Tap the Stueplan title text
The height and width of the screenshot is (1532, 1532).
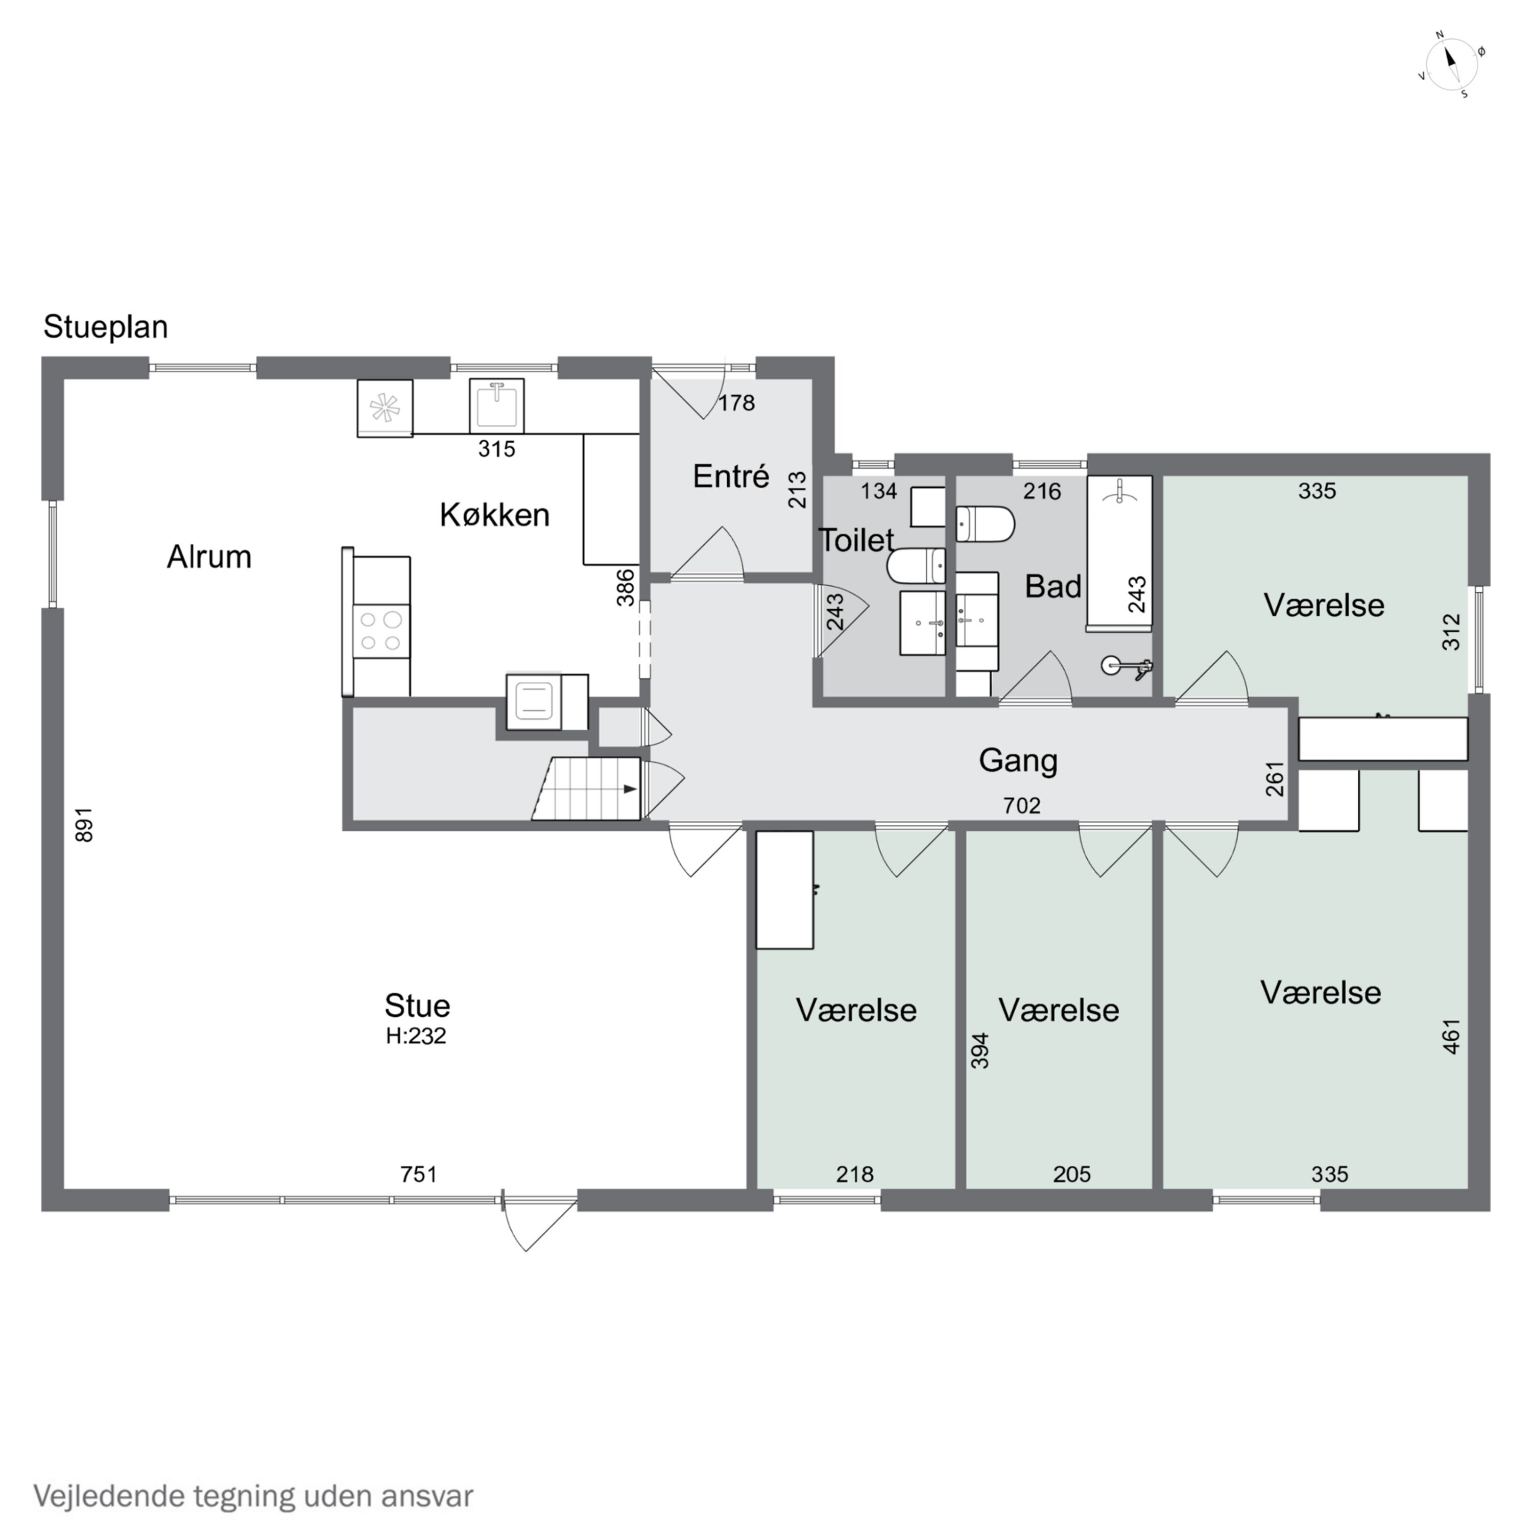point(106,327)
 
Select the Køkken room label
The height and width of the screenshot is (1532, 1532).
point(495,515)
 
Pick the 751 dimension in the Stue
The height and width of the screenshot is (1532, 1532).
point(419,1174)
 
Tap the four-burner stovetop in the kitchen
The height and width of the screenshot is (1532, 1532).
point(380,630)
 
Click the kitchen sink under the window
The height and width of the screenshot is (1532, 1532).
point(496,406)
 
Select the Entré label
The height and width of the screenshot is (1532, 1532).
point(731,476)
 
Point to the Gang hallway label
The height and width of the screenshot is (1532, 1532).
point(1018,760)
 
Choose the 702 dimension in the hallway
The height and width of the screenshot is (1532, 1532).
point(1021,806)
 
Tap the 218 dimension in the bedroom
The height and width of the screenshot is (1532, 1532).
point(855,1174)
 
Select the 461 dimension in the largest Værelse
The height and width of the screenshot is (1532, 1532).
point(1451,1037)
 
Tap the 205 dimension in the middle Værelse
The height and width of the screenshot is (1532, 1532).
point(1072,1174)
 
